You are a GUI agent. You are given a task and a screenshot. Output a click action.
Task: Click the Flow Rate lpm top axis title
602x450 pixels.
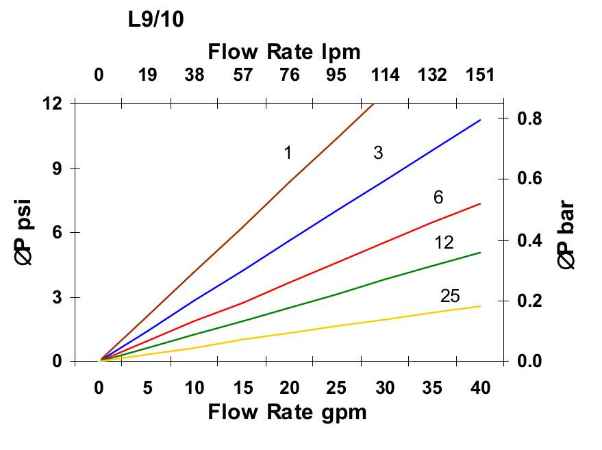tap(284, 51)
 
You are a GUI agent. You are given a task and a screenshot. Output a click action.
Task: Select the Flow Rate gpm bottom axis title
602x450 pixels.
tap(287, 412)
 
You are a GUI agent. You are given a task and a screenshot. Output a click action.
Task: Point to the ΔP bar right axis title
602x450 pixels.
tap(566, 233)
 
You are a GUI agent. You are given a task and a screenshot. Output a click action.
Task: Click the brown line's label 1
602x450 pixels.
tap(288, 152)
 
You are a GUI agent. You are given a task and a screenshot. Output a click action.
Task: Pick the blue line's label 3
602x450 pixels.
tap(378, 153)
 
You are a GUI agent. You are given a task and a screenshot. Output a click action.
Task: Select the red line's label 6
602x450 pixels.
tap(438, 197)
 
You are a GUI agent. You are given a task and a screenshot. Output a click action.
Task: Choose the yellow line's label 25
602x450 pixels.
tap(450, 296)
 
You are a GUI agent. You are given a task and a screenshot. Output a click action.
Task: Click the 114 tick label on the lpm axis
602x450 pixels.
tap(385, 75)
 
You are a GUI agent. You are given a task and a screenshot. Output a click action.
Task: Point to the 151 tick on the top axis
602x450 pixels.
tap(480, 75)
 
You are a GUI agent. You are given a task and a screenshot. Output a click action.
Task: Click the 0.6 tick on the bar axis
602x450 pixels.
tap(528, 179)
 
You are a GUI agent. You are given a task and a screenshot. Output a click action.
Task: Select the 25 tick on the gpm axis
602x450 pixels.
tap(337, 388)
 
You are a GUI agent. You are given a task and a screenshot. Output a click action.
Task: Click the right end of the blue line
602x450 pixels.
tap(480, 120)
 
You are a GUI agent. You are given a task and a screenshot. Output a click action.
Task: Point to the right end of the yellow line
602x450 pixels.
tap(480, 305)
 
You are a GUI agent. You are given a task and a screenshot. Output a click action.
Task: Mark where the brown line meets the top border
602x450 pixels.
tap(373, 104)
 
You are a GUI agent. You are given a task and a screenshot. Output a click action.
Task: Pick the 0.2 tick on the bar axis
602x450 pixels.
tap(528, 301)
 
